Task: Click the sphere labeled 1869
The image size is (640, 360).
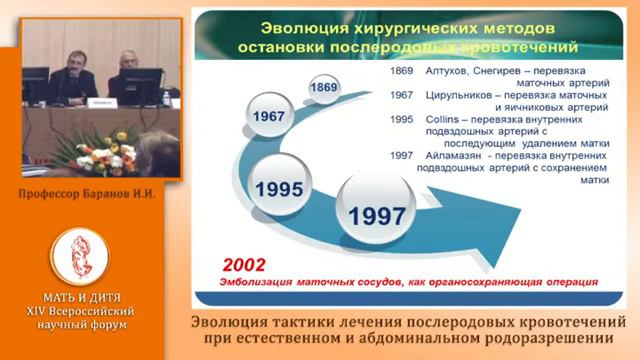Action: coord(323,88)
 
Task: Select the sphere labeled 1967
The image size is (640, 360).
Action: coord(269,116)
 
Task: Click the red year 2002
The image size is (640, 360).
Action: coord(244,265)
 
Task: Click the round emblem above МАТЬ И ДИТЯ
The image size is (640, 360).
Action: coord(78,256)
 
